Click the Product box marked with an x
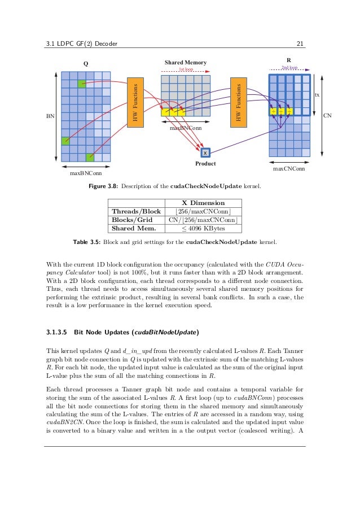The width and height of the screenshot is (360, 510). click(x=205, y=152)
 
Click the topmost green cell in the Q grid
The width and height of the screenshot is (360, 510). click(x=82, y=84)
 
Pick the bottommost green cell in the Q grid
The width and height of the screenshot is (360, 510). click(x=90, y=157)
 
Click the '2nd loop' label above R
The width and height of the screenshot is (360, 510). click(x=289, y=68)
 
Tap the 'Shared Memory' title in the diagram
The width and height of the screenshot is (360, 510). click(x=186, y=62)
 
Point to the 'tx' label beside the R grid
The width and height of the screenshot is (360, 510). click(x=317, y=95)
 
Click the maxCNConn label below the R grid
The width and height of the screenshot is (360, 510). click(x=289, y=168)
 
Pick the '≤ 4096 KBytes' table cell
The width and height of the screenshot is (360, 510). click(x=203, y=229)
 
